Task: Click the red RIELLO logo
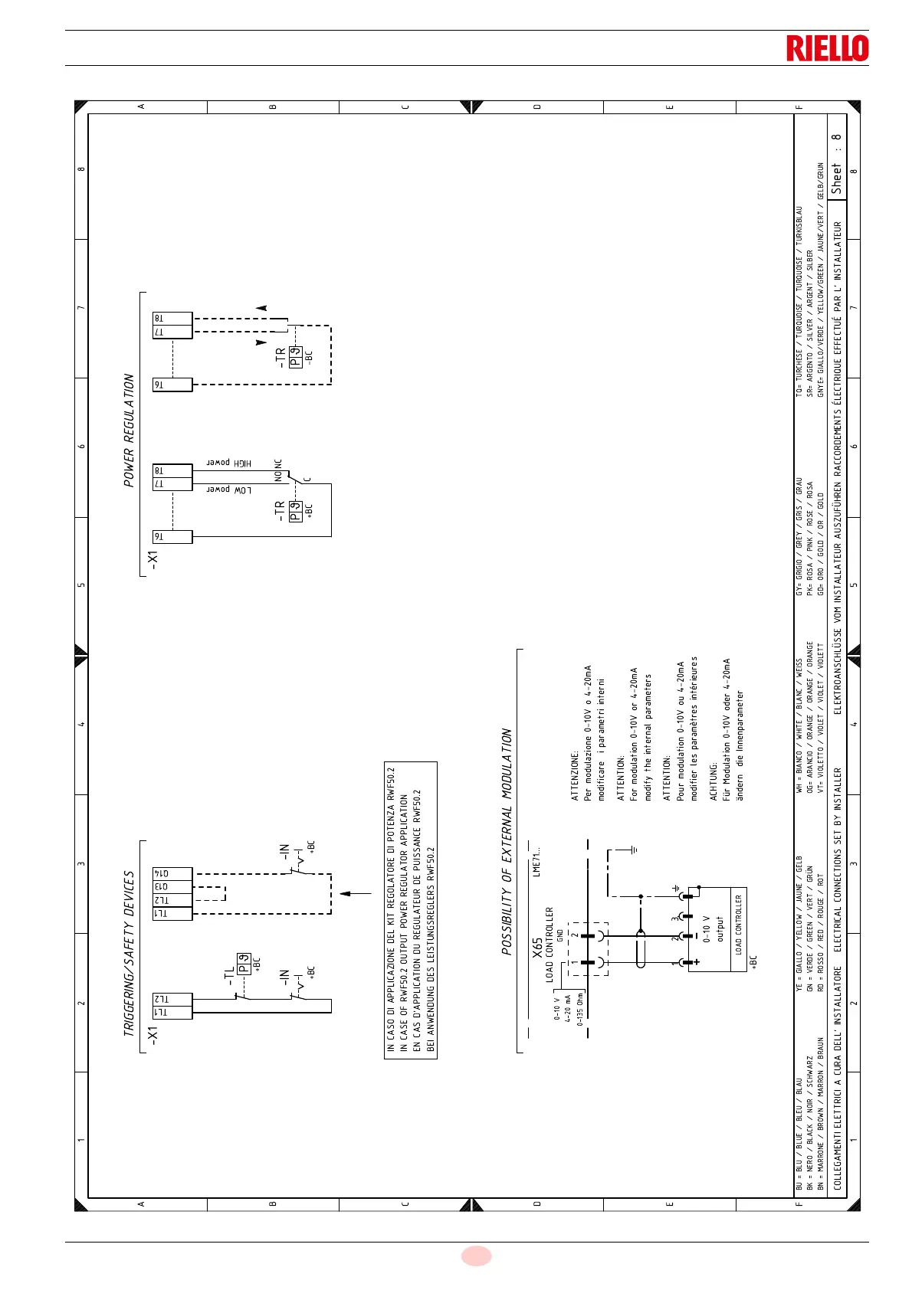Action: [x=827, y=47]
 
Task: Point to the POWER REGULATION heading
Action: [x=129, y=430]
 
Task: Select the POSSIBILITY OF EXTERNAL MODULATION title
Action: [x=507, y=841]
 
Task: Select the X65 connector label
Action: [x=538, y=948]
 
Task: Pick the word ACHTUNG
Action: [x=714, y=782]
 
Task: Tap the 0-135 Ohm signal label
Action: [x=580, y=1011]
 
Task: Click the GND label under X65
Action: [x=560, y=935]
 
